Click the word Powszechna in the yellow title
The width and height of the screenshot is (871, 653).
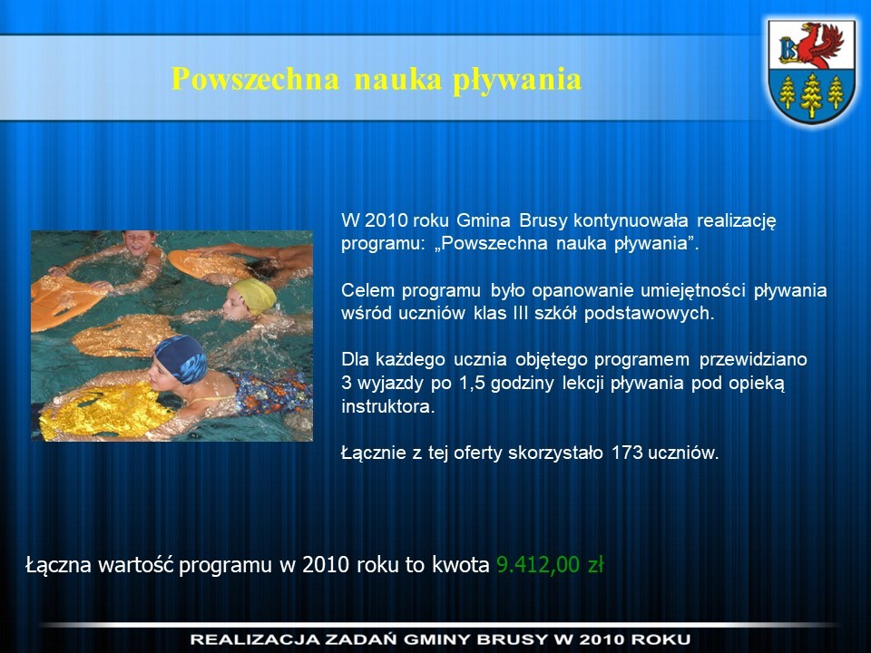click(254, 79)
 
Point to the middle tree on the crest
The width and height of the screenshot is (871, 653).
click(811, 95)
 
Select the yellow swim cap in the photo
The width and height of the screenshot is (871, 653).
click(256, 295)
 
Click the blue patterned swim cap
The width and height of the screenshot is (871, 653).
click(181, 359)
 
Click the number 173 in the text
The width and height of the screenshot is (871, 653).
click(627, 453)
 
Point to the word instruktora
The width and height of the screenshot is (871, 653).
click(387, 406)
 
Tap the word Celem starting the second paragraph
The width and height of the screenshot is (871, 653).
click(368, 290)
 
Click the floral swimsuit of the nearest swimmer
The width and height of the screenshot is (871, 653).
click(270, 392)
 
